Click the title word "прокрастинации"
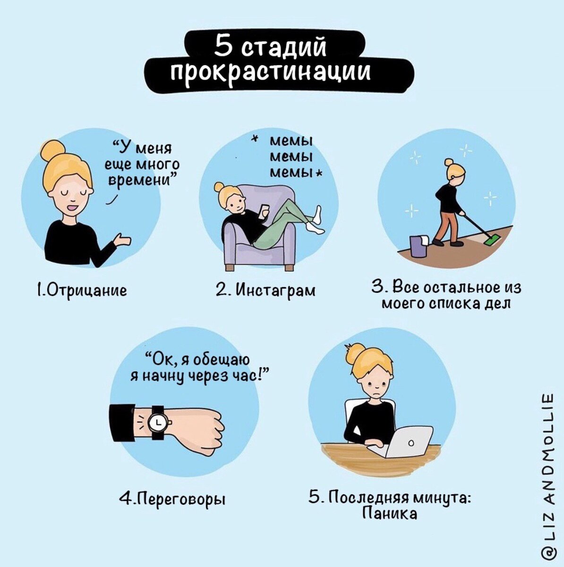pyautogui.click(x=270, y=72)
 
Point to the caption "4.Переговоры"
pyautogui.click(x=172, y=498)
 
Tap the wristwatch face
pyautogui.click(x=156, y=421)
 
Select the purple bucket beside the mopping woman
pyautogui.click(x=418, y=247)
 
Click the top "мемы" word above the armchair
pyautogui.click(x=291, y=141)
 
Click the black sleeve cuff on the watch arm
pyautogui.click(x=122, y=423)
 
